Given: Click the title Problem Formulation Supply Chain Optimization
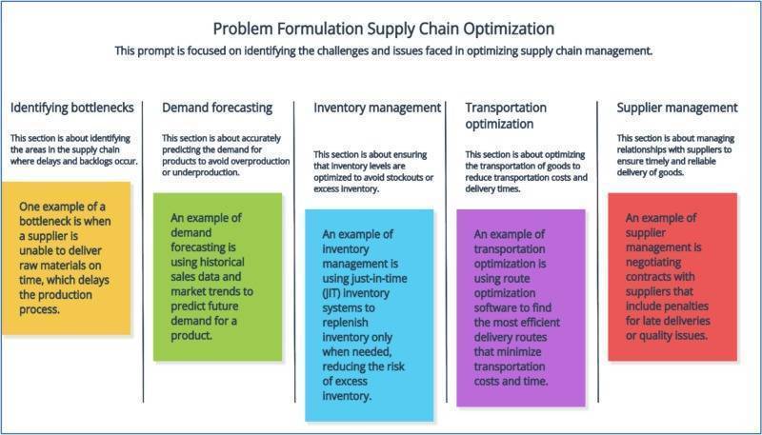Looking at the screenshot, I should (x=381, y=28).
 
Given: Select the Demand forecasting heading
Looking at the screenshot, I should (x=217, y=108).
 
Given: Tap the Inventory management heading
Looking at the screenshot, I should (x=377, y=108).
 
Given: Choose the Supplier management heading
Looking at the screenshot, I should (x=676, y=108).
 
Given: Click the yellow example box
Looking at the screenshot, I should (x=73, y=265).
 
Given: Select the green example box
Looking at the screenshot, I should (x=218, y=276).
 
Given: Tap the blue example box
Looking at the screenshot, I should (x=370, y=314).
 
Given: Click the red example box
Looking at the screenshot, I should (x=672, y=276).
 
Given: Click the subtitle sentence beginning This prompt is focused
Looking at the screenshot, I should (x=382, y=50).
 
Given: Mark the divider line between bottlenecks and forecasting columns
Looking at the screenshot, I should (x=144, y=247).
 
